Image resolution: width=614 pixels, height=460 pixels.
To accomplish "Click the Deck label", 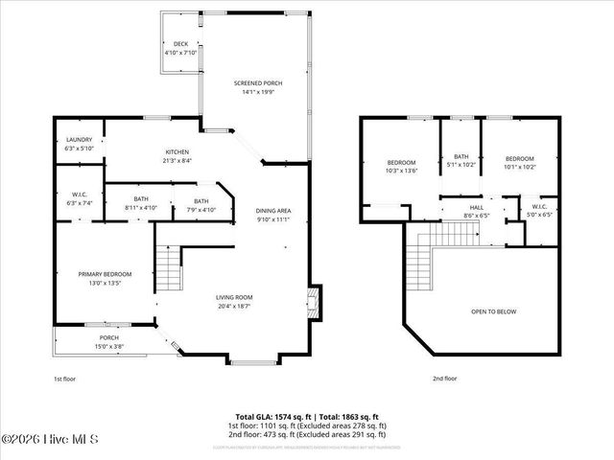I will (180, 49).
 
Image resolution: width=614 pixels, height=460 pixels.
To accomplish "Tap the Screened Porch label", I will (258, 88).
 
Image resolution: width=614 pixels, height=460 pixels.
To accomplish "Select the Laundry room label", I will (79, 144).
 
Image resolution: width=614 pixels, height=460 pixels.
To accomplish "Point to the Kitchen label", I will (177, 156).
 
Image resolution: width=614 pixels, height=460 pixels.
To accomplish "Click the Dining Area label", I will (272, 216).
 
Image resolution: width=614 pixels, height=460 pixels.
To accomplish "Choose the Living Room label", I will (233, 302).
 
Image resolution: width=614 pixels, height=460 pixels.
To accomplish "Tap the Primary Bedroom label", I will (105, 279).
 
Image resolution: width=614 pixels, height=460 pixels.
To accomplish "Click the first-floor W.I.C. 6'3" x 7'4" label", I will (79, 198).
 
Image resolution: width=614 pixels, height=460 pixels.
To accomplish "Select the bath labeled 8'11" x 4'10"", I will (141, 203).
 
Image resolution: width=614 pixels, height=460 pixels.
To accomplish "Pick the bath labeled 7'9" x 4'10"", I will (201, 205).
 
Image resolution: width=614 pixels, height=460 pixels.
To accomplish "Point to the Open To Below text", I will (495, 311).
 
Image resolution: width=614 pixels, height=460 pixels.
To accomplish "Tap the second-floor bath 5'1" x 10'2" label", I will (461, 161).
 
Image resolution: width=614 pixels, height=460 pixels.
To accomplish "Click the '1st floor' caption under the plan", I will (64, 379).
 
